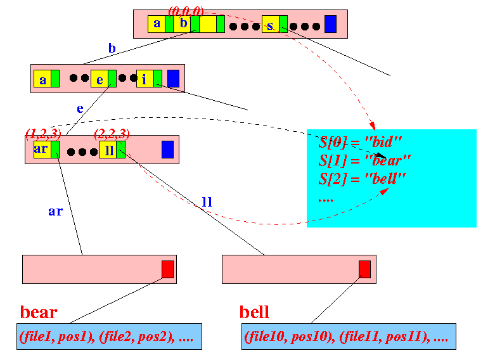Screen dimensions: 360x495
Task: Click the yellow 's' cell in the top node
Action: click(x=270, y=25)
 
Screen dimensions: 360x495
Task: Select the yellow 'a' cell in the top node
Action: click(x=157, y=24)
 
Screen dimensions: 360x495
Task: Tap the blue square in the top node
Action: click(x=330, y=24)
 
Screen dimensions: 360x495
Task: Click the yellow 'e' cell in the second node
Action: click(x=99, y=79)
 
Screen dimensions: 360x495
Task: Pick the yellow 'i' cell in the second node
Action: click(x=145, y=79)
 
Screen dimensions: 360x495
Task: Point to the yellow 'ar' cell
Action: click(x=42, y=150)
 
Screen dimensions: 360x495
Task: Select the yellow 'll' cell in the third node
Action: click(x=107, y=150)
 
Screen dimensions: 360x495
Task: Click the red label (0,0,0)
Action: click(x=186, y=11)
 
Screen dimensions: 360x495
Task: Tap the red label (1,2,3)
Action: click(x=42, y=133)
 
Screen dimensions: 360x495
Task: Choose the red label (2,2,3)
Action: click(x=112, y=133)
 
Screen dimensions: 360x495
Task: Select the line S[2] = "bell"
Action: click(x=362, y=177)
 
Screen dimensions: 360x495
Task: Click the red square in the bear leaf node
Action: click(x=167, y=269)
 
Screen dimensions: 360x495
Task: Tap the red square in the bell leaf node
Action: click(x=364, y=269)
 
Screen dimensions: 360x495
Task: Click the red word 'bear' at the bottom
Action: click(x=39, y=312)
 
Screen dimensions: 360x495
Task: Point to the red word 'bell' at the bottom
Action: click(x=254, y=312)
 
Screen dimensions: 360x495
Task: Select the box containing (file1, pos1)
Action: click(x=109, y=337)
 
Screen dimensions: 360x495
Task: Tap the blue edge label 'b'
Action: click(x=112, y=48)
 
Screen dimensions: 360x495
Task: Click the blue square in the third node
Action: click(x=167, y=150)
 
